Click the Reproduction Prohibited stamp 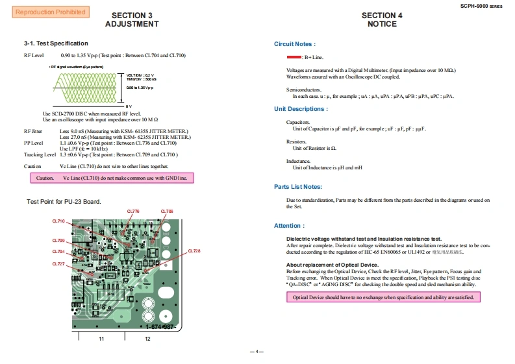pos(49,12)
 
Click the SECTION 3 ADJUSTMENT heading pos(132,20)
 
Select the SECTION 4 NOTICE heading pos(382,20)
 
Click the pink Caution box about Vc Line pos(112,178)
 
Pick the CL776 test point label pos(133,212)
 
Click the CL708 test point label pos(167,212)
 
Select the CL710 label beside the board pos(58,221)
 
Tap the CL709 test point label pos(58,241)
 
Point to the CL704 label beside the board pos(58,251)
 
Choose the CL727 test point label pos(58,263)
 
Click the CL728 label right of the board pos(194,250)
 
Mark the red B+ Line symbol pos(294,58)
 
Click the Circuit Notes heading pos(295,44)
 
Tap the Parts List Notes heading pos(298,187)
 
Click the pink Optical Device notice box pos(384,297)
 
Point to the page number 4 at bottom pos(257,352)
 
